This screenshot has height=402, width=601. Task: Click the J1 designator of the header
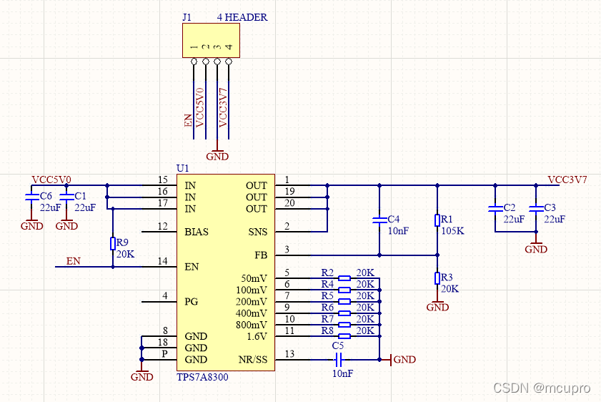[187, 17]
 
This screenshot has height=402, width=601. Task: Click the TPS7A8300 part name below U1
[202, 377]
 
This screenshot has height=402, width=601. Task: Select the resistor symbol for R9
[113, 244]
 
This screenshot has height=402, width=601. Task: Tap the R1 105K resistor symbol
[437, 220]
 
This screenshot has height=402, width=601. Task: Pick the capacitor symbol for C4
[379, 220]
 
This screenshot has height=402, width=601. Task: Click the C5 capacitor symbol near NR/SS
[339, 360]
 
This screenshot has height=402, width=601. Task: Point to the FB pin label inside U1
[261, 255]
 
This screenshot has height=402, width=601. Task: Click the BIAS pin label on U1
[197, 232]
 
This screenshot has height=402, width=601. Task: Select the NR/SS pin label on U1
[253, 360]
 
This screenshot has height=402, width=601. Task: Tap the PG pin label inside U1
[192, 302]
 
